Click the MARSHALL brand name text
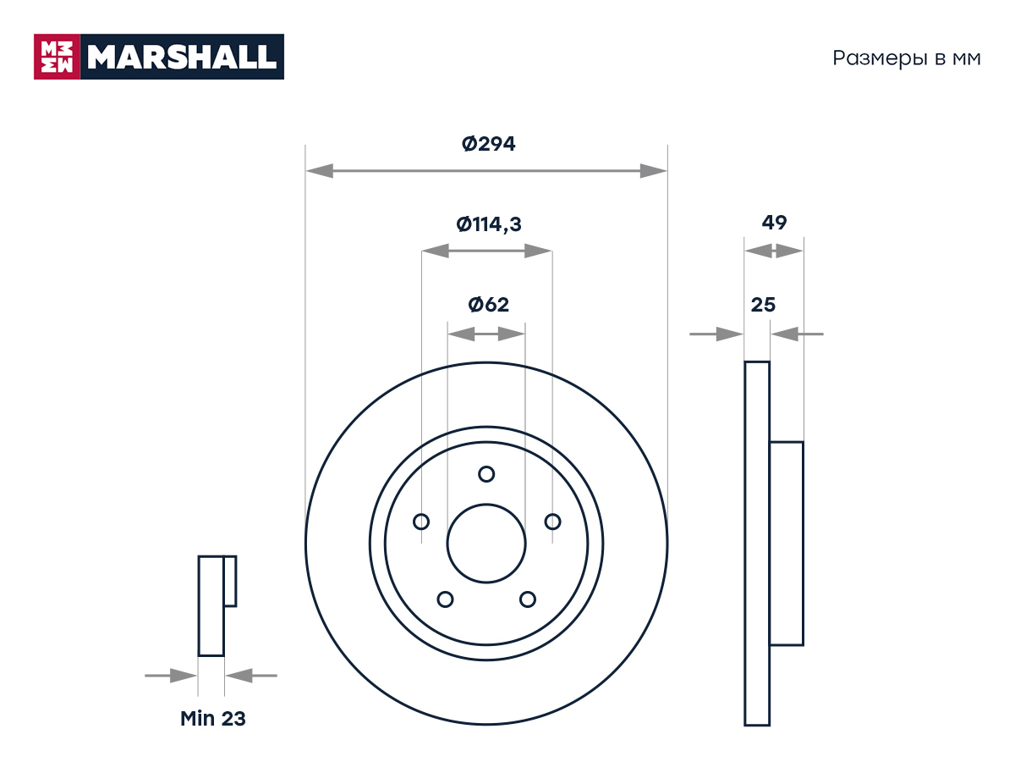click(x=182, y=57)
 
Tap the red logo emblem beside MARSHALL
click(x=57, y=57)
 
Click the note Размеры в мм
click(x=907, y=58)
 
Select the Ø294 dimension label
click(x=488, y=144)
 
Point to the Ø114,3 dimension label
click(x=488, y=224)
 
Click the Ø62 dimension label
click(x=488, y=305)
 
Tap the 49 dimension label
click(x=774, y=223)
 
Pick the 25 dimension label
click(x=763, y=305)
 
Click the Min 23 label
click(x=212, y=719)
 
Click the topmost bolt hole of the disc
click(x=486, y=474)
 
